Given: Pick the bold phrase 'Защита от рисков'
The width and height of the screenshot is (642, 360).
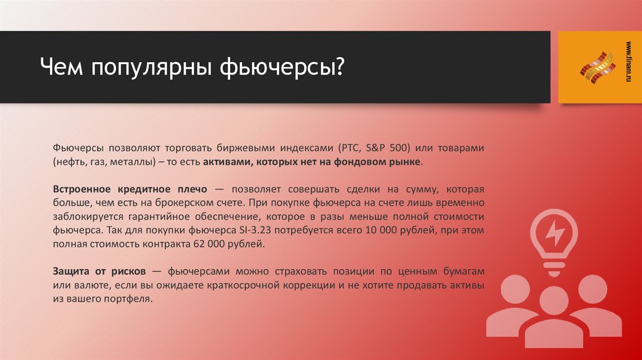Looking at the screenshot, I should pos(100,271).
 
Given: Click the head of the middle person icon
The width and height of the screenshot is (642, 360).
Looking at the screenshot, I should pos(555,302).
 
